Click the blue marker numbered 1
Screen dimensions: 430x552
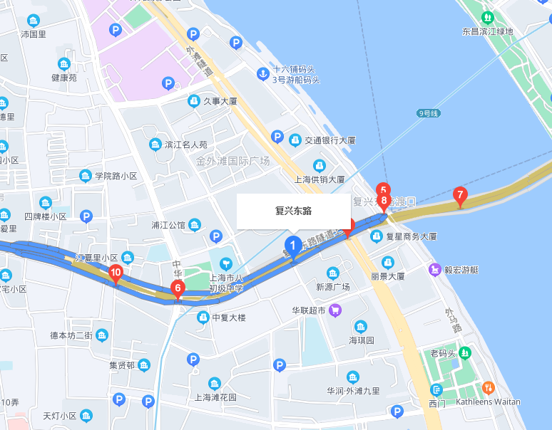(292, 247)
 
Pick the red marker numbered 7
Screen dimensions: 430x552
(460, 195)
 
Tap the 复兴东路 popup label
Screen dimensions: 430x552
(293, 211)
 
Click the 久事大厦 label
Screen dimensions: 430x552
(220, 101)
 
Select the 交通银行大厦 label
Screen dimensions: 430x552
(330, 140)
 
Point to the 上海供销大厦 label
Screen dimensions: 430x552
(320, 179)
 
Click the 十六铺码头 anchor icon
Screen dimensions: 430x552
(262, 73)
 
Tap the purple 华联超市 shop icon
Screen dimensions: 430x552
(336, 310)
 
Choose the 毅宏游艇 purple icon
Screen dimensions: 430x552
(434, 270)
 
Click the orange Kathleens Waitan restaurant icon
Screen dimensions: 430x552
(489, 388)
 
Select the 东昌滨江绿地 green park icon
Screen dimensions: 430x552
(488, 17)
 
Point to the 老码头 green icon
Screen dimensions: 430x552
(465, 352)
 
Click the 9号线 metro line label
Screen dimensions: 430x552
(429, 113)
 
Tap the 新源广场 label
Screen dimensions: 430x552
(332, 286)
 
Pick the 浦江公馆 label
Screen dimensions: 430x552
(168, 226)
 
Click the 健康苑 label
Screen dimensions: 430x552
(64, 78)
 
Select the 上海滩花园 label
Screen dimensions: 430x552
(211, 397)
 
